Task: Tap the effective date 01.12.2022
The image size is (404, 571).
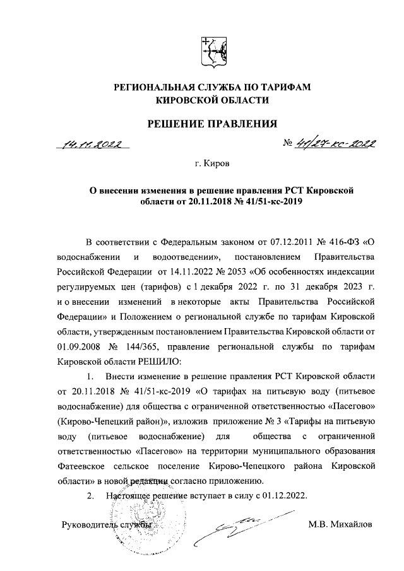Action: [x=283, y=497]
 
